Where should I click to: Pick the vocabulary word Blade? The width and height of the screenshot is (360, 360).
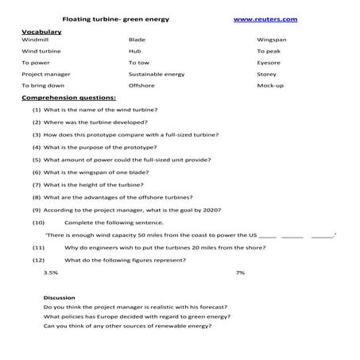click(x=137, y=38)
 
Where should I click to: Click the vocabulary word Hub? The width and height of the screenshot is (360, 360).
click(x=134, y=50)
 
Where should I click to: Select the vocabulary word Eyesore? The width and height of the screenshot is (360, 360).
click(x=269, y=61)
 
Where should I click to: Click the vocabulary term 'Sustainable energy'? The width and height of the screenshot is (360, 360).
click(x=156, y=73)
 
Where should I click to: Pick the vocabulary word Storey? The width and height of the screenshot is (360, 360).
click(x=267, y=73)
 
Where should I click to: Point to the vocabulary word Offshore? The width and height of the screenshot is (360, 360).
click(x=141, y=84)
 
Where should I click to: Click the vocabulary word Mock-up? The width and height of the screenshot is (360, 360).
click(x=270, y=84)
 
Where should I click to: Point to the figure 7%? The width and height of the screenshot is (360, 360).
click(x=240, y=273)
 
